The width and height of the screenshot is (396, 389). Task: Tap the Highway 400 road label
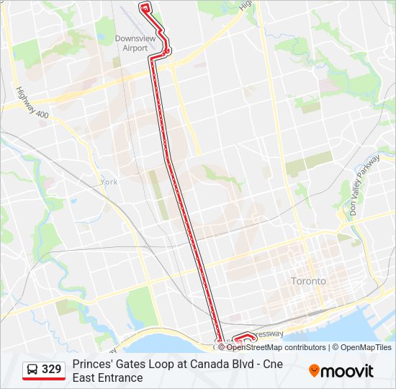pos(32,103)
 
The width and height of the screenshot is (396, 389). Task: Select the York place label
pos(109,182)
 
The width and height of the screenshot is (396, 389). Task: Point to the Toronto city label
pos(308,281)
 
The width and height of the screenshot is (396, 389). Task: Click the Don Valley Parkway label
pos(364,186)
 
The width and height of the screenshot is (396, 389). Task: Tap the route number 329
pos(52,370)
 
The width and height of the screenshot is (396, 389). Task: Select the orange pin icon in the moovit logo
pos(315,371)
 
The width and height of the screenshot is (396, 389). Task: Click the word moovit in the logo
pos(348,371)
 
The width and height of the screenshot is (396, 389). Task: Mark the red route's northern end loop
pos(145,7)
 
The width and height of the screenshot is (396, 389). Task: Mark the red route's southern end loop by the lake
pos(246,336)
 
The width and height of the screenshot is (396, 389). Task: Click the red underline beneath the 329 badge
pos(44,379)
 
